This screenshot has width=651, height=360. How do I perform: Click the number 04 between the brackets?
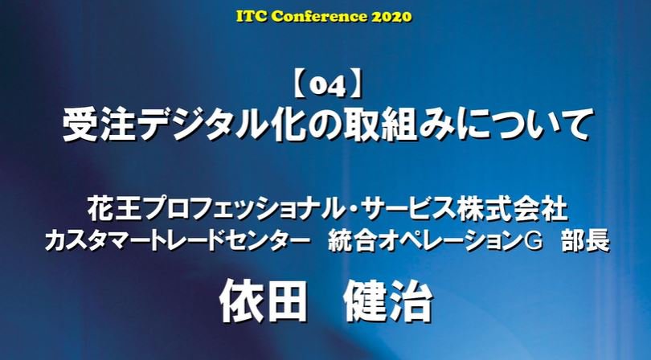click(x=328, y=88)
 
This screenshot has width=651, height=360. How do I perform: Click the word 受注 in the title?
click(x=99, y=124)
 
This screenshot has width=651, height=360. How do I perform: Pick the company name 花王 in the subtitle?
click(x=110, y=209)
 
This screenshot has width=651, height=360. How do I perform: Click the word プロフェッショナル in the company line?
click(x=238, y=209)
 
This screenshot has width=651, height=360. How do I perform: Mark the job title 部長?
click(x=585, y=241)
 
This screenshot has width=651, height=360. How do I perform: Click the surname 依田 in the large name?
click(x=263, y=301)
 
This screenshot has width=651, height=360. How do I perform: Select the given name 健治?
click(x=389, y=301)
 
